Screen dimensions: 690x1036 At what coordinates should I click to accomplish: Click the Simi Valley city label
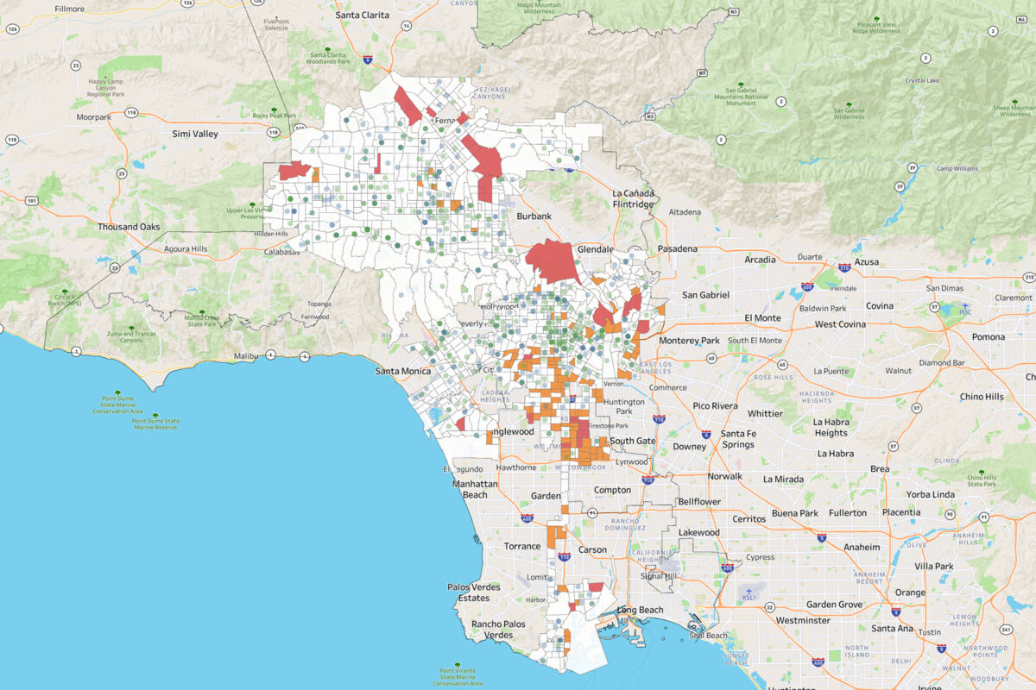point(194,134)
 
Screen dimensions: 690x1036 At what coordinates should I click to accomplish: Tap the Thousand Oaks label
point(129,227)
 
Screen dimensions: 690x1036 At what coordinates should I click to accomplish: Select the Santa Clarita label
point(363,15)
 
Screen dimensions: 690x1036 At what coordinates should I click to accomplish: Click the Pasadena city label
point(677,248)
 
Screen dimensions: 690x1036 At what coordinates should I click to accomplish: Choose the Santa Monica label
point(403,371)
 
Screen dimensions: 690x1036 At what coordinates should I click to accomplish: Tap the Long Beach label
point(640,610)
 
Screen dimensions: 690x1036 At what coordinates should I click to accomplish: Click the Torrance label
point(522,547)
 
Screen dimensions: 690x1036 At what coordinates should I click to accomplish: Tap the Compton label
point(611,490)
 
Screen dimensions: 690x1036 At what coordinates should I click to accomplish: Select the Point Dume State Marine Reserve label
point(155,423)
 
